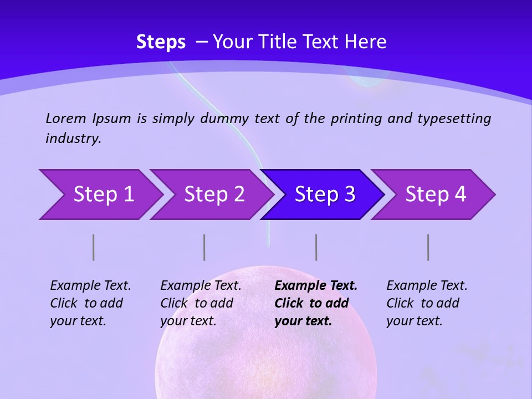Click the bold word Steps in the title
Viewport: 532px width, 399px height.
click(161, 42)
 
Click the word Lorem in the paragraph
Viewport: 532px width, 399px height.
click(66, 118)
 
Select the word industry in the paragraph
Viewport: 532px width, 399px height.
click(73, 139)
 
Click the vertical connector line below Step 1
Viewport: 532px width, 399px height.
click(94, 247)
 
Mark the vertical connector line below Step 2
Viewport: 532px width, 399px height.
click(204, 247)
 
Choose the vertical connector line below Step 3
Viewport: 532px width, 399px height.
click(316, 247)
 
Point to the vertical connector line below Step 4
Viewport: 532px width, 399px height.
click(428, 247)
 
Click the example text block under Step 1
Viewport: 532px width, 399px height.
click(90, 303)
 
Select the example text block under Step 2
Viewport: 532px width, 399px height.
click(201, 303)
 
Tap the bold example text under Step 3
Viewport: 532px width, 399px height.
click(316, 303)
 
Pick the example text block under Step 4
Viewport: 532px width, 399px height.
click(427, 303)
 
